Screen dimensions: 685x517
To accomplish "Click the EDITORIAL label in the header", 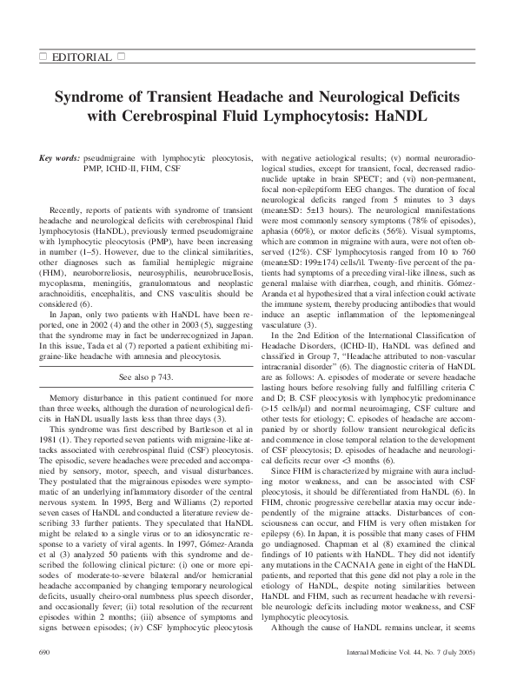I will tap(83, 57).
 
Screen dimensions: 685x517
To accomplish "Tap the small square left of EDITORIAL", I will tap(43, 57).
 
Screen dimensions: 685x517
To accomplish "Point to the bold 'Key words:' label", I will tap(59, 160).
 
